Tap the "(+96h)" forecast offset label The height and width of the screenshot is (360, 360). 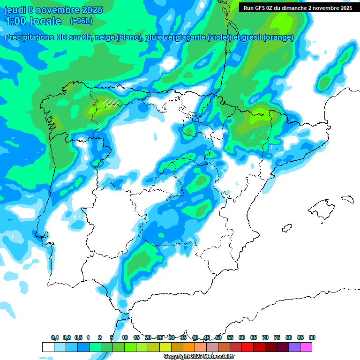coord(81,21)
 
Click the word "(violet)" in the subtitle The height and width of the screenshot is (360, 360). coord(223,37)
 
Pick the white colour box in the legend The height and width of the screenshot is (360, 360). coord(48,347)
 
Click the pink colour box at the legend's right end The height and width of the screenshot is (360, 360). coord(306,347)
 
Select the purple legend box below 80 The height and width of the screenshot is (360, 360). coord(294,347)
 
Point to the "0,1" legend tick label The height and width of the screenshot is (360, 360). coord(55,337)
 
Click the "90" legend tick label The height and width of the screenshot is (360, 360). coord(312,337)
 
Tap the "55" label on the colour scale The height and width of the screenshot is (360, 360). coord(230,337)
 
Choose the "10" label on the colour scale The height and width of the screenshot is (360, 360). coord(125,337)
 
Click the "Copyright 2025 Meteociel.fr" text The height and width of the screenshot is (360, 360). coord(199,357)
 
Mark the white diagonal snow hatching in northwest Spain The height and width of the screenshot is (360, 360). coord(111,103)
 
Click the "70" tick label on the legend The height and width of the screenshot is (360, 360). coord(265,337)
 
